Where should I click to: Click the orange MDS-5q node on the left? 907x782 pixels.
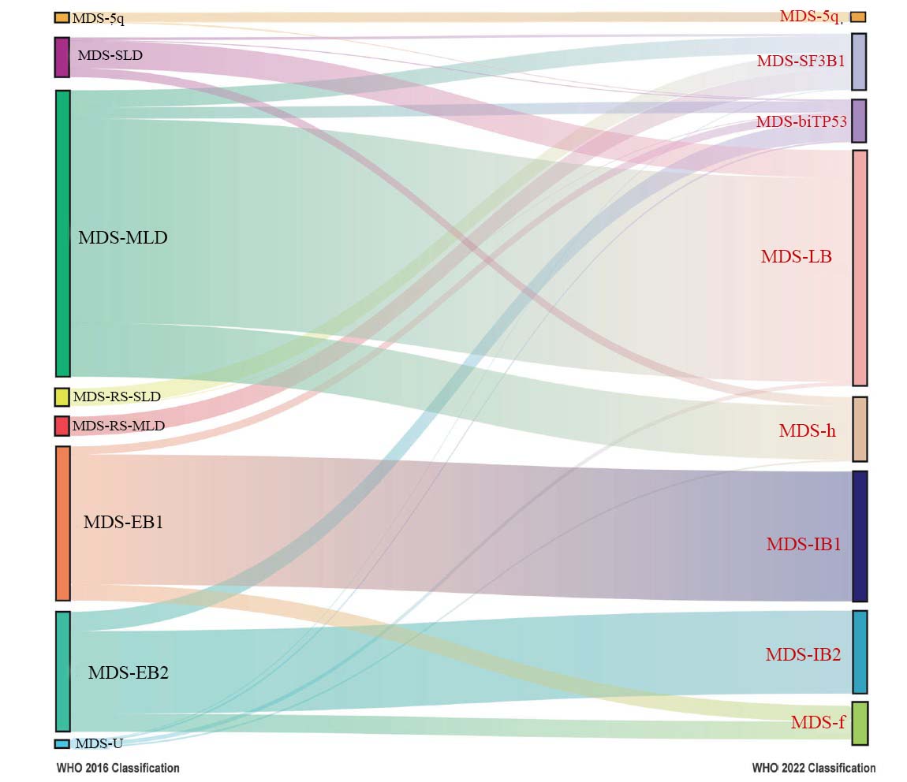(x=62, y=17)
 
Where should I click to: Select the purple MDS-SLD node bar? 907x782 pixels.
(x=62, y=57)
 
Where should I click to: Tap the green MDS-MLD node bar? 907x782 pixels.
(x=63, y=233)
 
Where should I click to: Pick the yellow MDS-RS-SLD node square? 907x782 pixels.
(x=62, y=397)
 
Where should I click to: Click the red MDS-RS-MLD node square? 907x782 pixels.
(x=62, y=426)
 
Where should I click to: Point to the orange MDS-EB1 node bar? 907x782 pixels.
(x=63, y=523)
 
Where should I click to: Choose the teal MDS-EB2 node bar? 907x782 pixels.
(x=63, y=671)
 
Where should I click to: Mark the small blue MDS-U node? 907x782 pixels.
(x=62, y=743)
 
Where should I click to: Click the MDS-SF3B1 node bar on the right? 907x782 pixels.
(x=859, y=61)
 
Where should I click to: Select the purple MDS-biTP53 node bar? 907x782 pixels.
(x=859, y=121)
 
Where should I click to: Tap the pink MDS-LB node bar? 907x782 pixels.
(x=860, y=267)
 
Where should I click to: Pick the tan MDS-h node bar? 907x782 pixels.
(x=860, y=429)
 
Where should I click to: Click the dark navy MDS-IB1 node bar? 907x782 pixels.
(x=860, y=536)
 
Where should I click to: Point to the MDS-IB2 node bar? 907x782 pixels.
(x=860, y=651)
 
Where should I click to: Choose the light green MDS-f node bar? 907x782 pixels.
(x=860, y=723)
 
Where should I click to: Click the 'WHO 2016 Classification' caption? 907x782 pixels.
(x=118, y=768)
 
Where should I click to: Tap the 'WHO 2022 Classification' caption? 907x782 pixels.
(x=813, y=768)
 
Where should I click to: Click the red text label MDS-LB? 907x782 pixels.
(x=796, y=256)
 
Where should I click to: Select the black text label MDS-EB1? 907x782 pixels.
(x=123, y=522)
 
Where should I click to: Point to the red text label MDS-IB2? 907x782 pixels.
(x=803, y=654)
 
